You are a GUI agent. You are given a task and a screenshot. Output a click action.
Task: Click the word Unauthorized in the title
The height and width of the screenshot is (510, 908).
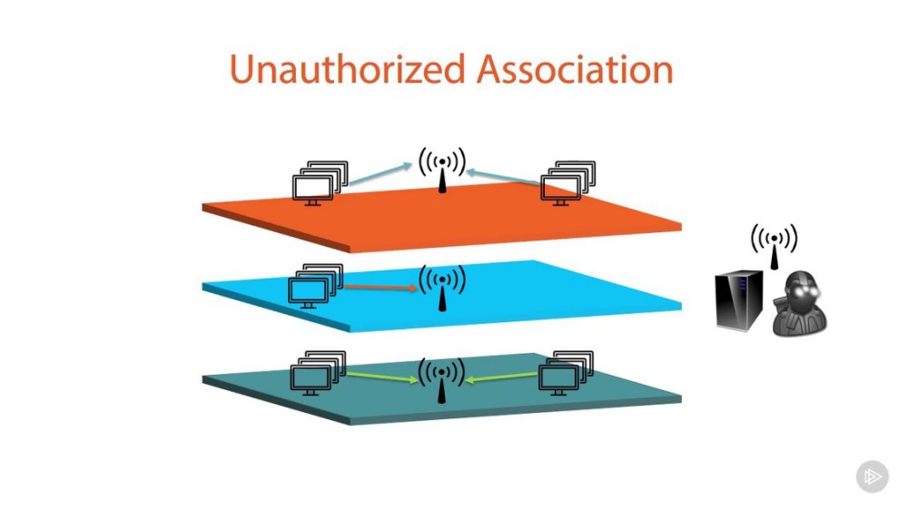[348, 70]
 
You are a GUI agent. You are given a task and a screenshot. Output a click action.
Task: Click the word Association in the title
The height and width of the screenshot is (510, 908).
[575, 70]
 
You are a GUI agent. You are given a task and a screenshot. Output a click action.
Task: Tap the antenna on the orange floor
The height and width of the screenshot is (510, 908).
[442, 170]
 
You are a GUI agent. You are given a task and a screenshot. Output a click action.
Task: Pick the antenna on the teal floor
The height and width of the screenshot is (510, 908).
[442, 379]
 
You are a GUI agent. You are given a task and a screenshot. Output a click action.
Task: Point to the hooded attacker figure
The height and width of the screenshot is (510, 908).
[800, 303]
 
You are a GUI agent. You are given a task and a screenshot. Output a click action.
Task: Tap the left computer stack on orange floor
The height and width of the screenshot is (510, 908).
[321, 183]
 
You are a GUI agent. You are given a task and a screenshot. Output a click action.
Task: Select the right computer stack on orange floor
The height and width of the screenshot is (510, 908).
[568, 183]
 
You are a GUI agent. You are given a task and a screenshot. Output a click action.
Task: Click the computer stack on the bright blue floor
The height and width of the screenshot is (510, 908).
[316, 287]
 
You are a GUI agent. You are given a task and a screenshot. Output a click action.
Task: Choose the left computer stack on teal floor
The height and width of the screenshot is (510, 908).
[318, 373]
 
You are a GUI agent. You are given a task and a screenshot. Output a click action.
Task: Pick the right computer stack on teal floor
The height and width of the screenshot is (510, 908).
[566, 373]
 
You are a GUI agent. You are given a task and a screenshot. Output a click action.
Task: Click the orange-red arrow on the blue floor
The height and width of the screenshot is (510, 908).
[381, 287]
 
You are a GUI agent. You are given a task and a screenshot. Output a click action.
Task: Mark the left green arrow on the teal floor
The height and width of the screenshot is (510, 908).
[382, 377]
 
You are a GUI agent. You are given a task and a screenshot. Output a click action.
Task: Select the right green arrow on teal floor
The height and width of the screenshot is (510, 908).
[501, 378]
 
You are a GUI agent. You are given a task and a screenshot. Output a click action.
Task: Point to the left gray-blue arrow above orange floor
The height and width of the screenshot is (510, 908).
[380, 174]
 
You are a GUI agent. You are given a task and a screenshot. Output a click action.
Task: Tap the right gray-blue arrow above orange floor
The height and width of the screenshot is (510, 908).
[503, 177]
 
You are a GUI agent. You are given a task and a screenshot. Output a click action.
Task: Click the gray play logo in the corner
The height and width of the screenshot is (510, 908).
[872, 477]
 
